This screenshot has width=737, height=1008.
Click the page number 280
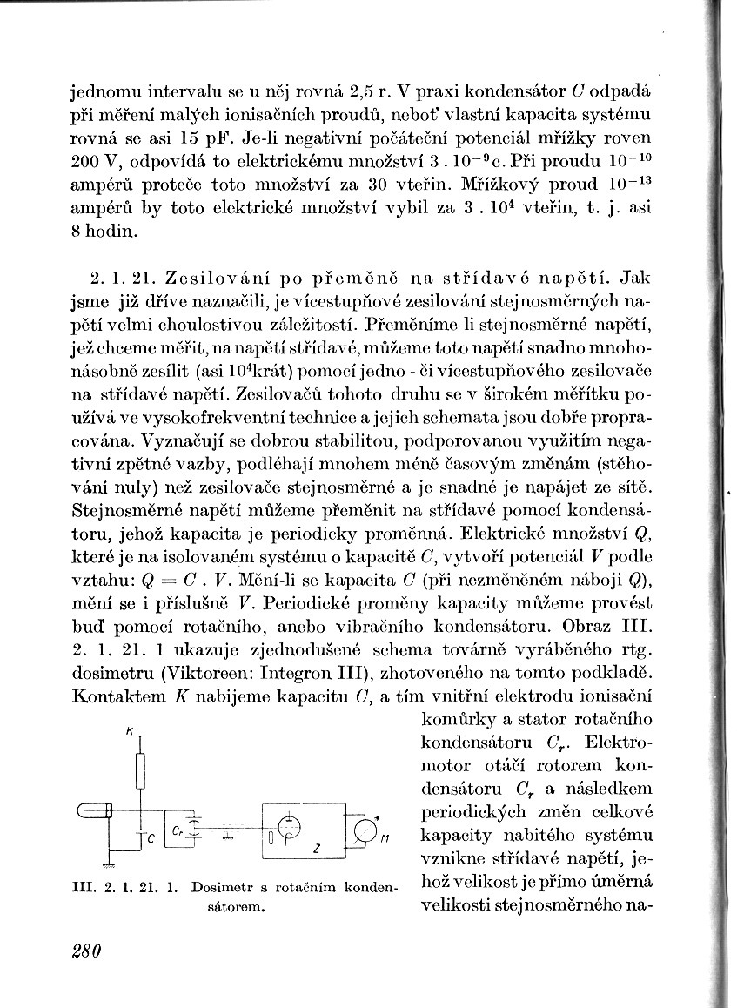click(x=86, y=950)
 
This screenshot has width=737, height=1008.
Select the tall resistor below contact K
click(x=139, y=769)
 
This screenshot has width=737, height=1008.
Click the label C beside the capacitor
click(x=149, y=839)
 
